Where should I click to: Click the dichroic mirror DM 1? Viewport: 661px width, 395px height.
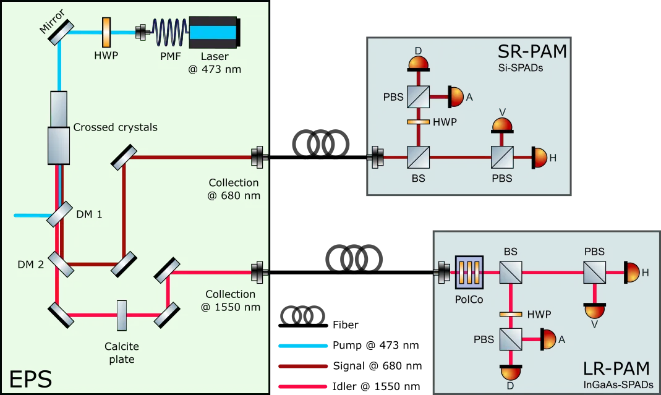[x=60, y=214]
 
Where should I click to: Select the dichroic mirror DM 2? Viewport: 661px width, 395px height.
[x=61, y=265]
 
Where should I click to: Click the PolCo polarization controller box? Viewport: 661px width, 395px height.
[x=467, y=271]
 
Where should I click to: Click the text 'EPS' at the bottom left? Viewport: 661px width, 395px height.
[x=30, y=378]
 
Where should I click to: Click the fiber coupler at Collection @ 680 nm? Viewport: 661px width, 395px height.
[x=258, y=158]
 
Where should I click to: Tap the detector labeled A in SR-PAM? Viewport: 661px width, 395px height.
[x=455, y=96]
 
